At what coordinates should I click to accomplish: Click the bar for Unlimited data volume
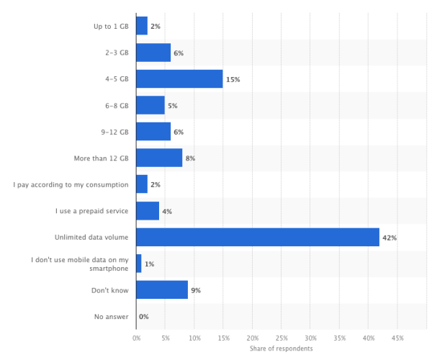coord(257,237)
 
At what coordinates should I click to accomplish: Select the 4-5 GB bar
coord(179,78)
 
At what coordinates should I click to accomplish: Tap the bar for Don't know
coord(161,289)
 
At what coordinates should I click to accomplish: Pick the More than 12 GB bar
coord(158,158)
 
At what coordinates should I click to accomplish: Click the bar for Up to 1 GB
coord(141,26)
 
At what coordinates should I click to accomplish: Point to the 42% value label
coord(390,237)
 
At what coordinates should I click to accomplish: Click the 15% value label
coord(233,79)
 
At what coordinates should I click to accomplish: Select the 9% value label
coord(196,290)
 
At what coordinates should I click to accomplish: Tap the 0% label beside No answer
coord(144,317)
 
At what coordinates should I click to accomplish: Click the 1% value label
coord(149,264)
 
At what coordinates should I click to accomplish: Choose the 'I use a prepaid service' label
coord(92,211)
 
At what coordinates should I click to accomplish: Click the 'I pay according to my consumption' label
coord(71,184)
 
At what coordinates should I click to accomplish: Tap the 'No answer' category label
coord(111,316)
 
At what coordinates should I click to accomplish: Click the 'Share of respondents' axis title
coord(282,348)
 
